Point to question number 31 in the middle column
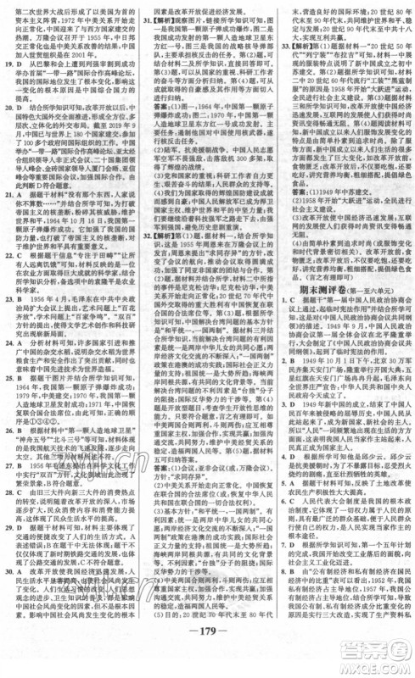coord(145,17)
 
